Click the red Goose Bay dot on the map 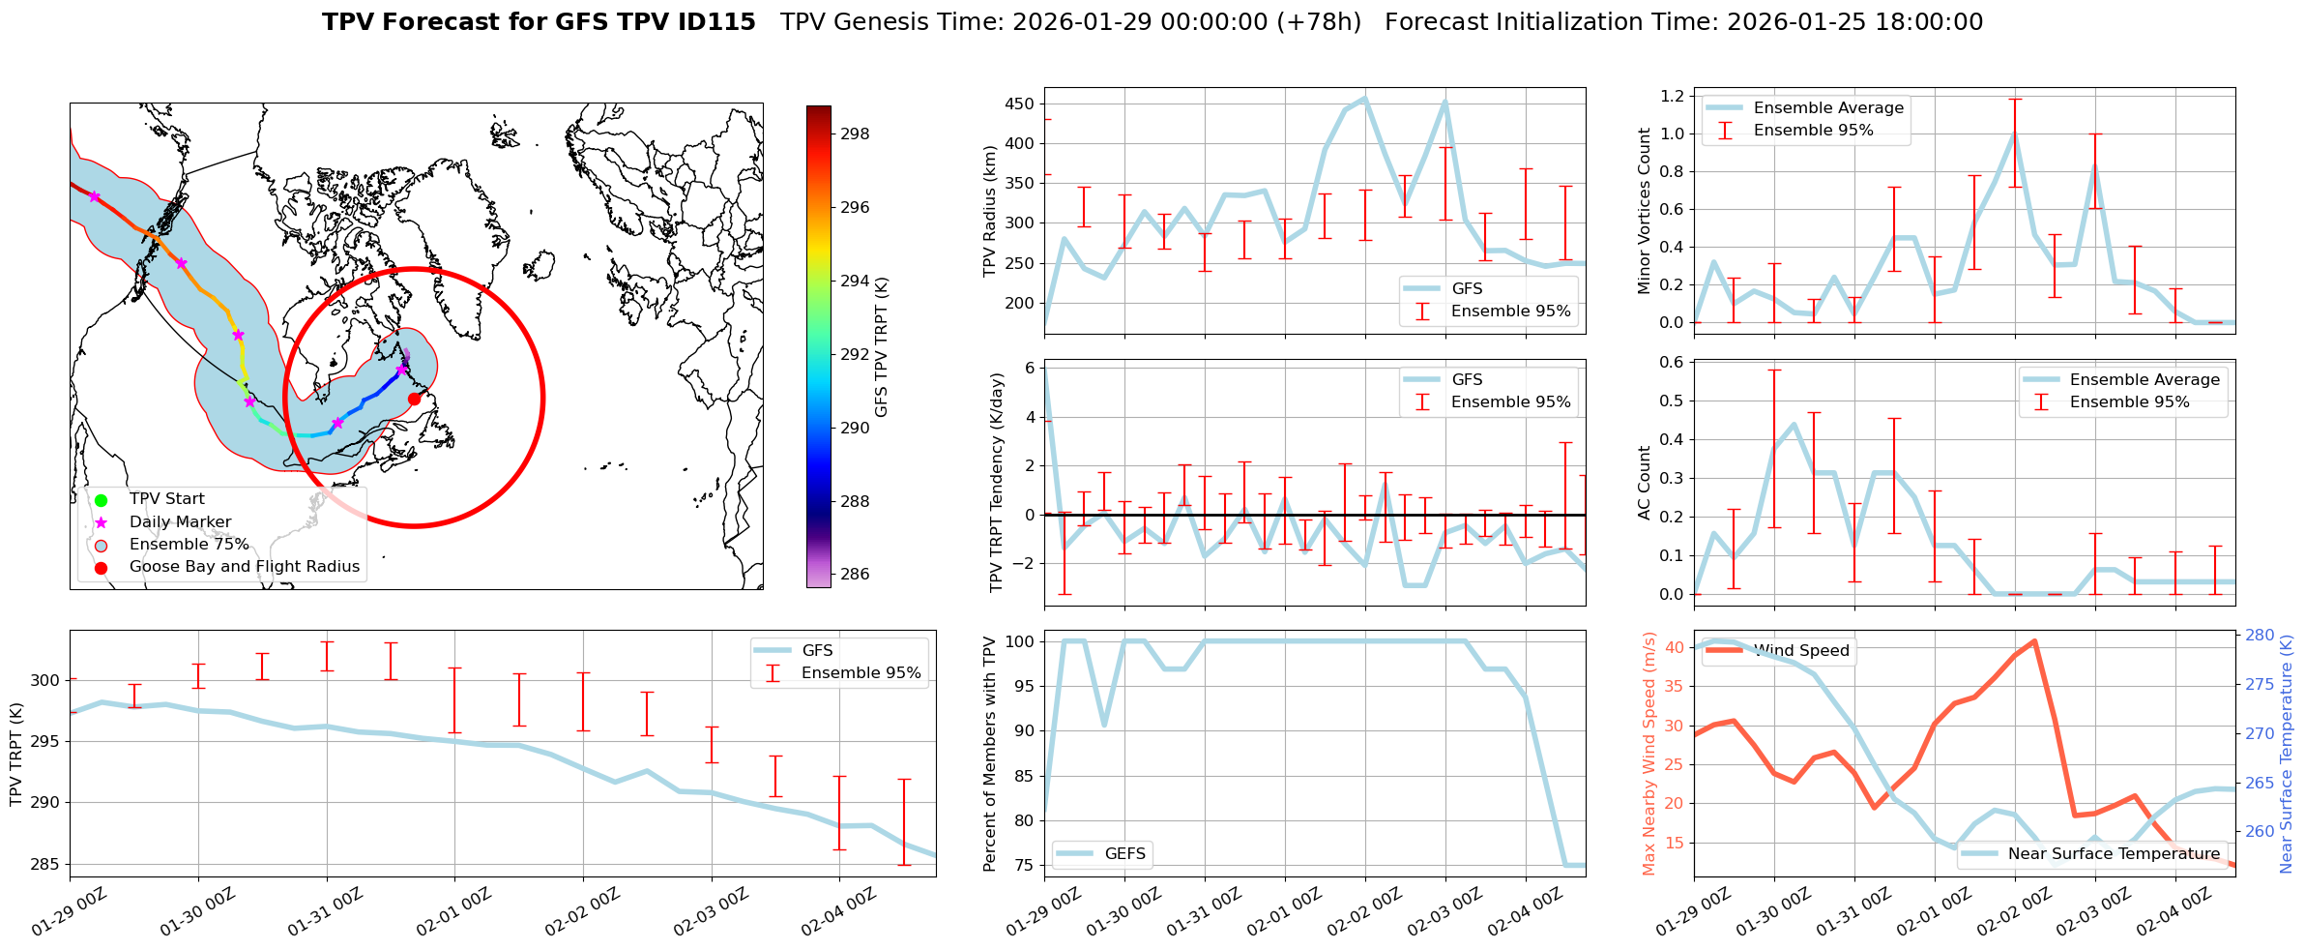[x=414, y=399]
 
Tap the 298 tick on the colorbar [x=854, y=134]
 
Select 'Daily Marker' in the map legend [x=180, y=522]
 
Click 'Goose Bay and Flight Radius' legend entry [x=244, y=567]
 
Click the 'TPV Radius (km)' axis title [x=990, y=211]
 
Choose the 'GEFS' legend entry [x=1124, y=853]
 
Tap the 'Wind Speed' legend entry [x=1801, y=651]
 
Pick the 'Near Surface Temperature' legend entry [x=2114, y=853]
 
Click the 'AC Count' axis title [x=1645, y=483]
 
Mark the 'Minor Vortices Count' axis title [x=1645, y=211]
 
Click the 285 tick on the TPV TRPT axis [x=44, y=864]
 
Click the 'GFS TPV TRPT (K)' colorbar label [x=881, y=346]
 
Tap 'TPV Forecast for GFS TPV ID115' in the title [x=539, y=22]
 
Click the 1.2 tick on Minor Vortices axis [x=1671, y=96]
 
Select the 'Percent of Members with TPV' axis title [x=990, y=754]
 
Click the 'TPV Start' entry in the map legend [x=166, y=499]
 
